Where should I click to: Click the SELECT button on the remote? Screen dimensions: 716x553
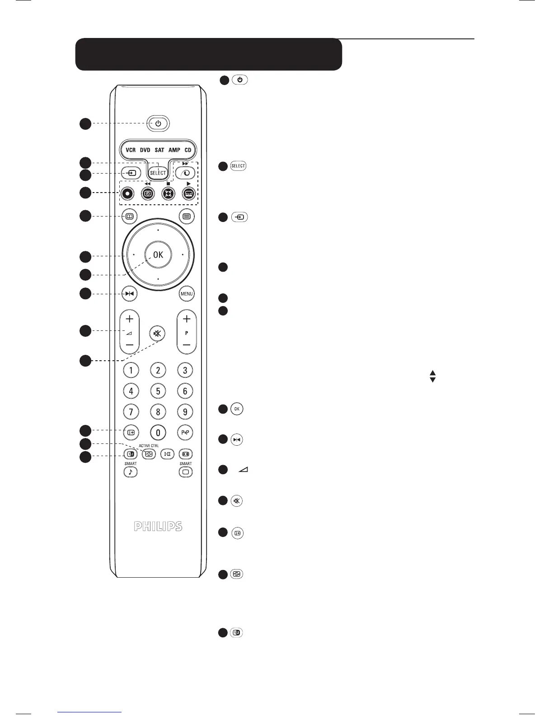(158, 173)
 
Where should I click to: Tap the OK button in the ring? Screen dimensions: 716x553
(158, 255)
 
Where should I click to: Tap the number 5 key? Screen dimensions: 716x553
(158, 391)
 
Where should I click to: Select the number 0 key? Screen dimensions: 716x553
(158, 433)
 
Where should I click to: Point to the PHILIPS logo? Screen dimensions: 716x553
(158, 527)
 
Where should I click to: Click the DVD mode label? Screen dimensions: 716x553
(145, 150)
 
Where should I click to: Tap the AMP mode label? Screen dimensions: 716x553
(174, 150)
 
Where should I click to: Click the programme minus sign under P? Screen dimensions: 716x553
(187, 345)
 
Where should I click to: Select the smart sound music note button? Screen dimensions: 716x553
(131, 472)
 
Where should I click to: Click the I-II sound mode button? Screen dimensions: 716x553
(167, 454)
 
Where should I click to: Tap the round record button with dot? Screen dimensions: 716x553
(128, 193)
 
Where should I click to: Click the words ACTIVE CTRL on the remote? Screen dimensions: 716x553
(149, 446)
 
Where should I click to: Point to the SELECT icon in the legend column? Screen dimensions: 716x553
(238, 166)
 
